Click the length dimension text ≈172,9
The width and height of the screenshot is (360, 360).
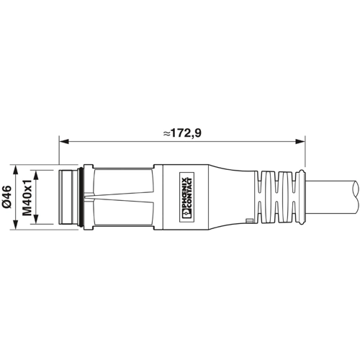click(x=181, y=132)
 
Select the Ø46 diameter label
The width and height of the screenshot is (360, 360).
click(x=7, y=197)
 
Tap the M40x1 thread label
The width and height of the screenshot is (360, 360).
click(x=28, y=197)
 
